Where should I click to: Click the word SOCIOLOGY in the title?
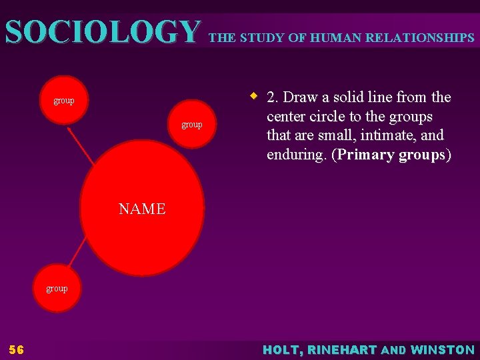pyautogui.click(x=102, y=32)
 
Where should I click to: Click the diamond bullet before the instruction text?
pyautogui.click(x=254, y=96)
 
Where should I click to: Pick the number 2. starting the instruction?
pyautogui.click(x=273, y=97)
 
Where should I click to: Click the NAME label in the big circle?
pyautogui.click(x=142, y=209)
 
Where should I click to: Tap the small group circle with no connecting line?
pyautogui.click(x=191, y=125)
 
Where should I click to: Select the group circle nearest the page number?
pyautogui.click(x=57, y=289)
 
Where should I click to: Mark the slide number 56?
pyautogui.click(x=16, y=349)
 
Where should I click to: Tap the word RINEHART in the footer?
pyautogui.click(x=342, y=349)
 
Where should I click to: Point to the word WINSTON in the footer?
pyautogui.click(x=443, y=349)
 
